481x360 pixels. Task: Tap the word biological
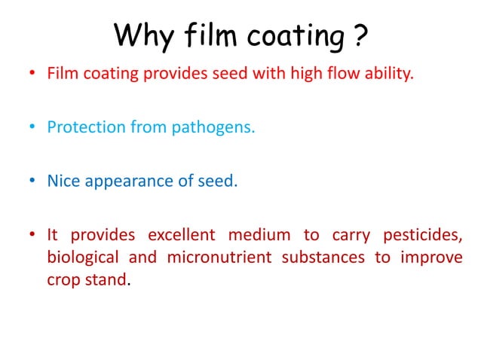pyautogui.click(x=82, y=258)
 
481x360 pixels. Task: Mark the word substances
pyautogui.click(x=319, y=257)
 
